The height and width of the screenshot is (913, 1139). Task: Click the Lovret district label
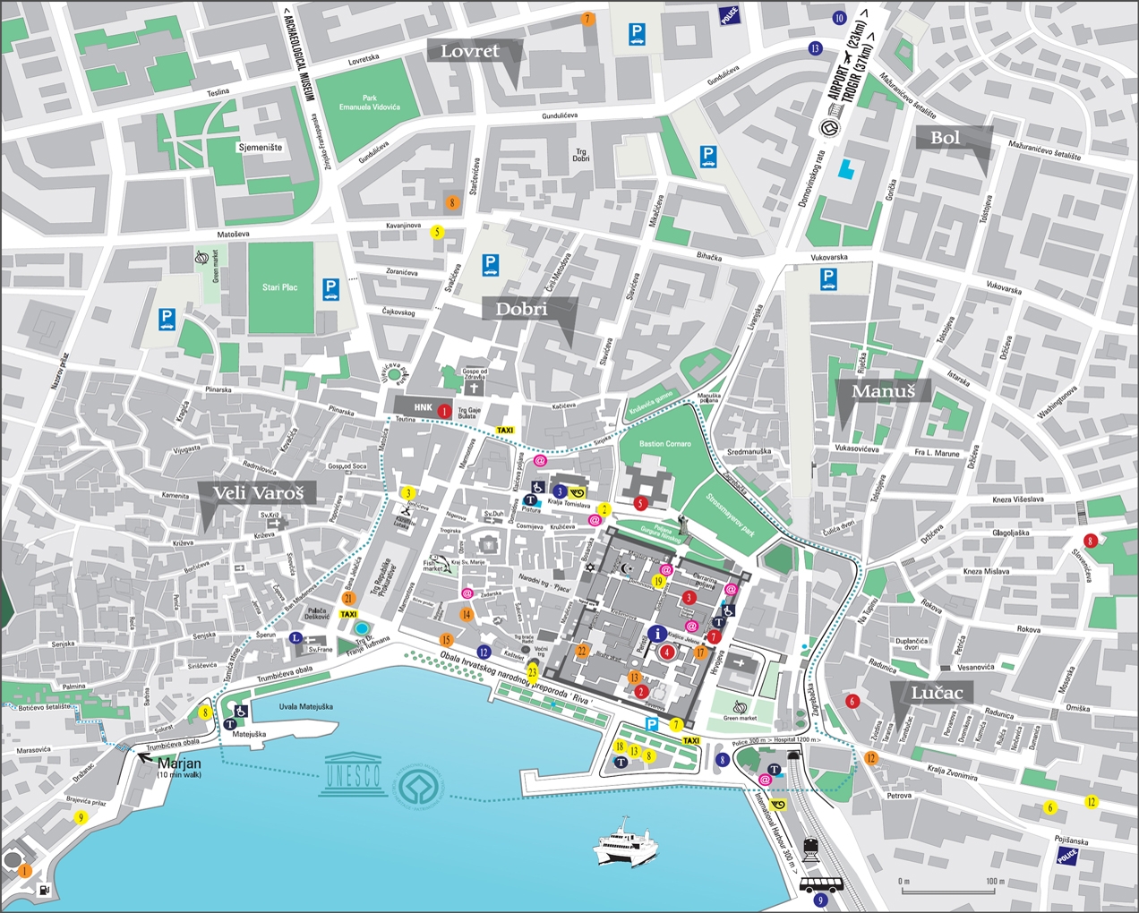(471, 52)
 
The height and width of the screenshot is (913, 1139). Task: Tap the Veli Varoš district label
(258, 493)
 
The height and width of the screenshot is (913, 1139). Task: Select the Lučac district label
(937, 693)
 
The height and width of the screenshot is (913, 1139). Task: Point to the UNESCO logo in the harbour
(353, 772)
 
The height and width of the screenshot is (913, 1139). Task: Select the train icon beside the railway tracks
(812, 847)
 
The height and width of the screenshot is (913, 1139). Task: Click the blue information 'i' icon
(660, 634)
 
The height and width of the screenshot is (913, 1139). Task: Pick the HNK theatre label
(423, 407)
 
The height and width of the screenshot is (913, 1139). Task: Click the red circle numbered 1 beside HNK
(445, 411)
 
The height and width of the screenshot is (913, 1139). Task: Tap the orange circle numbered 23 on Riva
(533, 671)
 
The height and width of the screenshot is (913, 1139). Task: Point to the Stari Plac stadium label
(279, 287)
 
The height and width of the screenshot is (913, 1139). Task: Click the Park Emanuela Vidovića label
(369, 103)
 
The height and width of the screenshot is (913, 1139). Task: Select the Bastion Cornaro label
(665, 444)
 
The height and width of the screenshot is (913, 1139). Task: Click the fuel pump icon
(45, 891)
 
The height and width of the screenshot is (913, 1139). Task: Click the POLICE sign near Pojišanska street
(1067, 855)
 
